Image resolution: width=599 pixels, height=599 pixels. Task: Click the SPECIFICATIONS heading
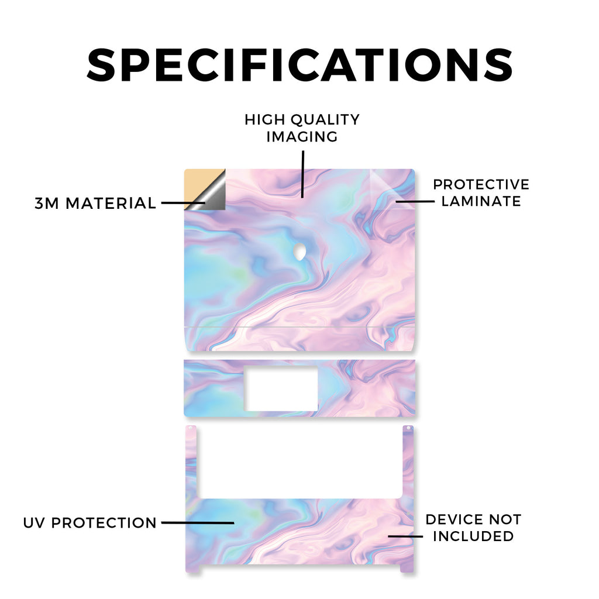[x=299, y=65]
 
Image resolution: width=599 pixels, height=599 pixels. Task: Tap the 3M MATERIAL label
[x=95, y=203]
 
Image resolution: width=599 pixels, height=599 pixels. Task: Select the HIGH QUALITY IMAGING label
[x=302, y=128]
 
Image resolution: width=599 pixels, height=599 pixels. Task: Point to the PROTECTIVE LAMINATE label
[x=481, y=192]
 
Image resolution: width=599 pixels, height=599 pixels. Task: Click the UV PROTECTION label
[x=89, y=522]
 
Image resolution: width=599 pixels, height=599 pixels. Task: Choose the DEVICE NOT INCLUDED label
[x=473, y=528]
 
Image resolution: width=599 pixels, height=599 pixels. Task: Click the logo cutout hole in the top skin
[x=300, y=253]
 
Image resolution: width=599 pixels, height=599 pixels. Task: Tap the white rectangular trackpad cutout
[x=281, y=388]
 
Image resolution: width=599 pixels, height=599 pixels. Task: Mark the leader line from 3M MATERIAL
[x=183, y=203]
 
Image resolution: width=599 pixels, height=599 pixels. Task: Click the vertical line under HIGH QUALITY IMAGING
[x=303, y=174]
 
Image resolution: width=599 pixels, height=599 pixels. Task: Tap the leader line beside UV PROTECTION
[x=198, y=522]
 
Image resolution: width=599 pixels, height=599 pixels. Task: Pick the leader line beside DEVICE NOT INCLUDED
[x=405, y=536]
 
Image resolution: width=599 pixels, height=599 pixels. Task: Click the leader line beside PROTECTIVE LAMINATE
[x=415, y=201]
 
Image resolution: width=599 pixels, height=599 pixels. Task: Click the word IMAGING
[x=302, y=136]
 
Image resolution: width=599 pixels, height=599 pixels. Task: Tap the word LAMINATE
[x=481, y=201]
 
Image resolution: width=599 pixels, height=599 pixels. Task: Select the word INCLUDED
[x=473, y=536]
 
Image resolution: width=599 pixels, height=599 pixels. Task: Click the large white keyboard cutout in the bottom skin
[x=300, y=462]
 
